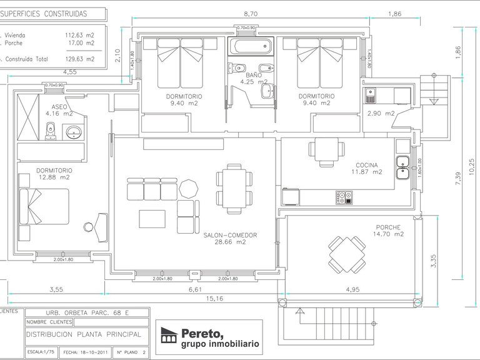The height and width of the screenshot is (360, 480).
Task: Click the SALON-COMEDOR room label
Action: tap(231, 235)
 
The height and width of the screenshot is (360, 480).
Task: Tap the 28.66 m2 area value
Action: tap(231, 242)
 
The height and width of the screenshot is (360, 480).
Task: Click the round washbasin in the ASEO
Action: tap(74, 132)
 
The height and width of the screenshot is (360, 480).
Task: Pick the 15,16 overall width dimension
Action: tap(213, 299)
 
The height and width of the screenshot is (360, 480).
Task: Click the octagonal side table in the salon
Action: tap(187, 187)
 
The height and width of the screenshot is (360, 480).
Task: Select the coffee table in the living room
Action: tap(152, 219)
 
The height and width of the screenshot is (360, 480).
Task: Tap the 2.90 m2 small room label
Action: tap(381, 113)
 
